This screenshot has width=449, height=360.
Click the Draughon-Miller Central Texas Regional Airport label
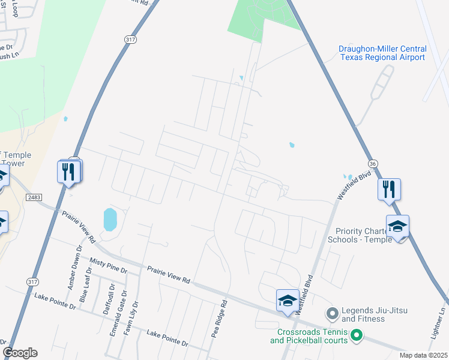point(383,53)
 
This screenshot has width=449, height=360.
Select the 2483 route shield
point(34,197)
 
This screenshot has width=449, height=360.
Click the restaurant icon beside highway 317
point(70,172)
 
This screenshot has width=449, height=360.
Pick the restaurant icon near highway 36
point(389,190)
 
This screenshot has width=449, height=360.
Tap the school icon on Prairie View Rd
point(288,301)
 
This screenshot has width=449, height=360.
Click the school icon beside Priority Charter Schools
point(397,226)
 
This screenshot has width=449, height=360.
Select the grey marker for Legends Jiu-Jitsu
point(331,313)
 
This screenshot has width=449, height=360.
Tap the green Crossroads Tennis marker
point(357,335)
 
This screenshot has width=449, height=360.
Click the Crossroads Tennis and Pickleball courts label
point(309,337)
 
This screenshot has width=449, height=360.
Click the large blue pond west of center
point(110,220)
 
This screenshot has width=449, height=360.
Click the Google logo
point(20,353)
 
